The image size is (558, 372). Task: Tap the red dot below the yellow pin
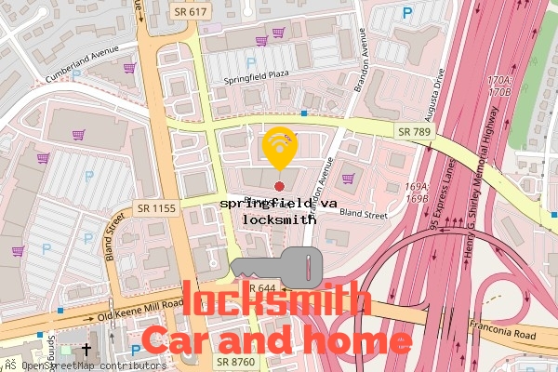[279, 187]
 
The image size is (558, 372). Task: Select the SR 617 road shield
[192, 10]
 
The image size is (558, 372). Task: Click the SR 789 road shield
[413, 132]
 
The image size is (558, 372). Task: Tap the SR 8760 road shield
[235, 361]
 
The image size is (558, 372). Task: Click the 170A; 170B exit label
[499, 86]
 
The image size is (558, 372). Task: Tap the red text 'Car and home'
[276, 341]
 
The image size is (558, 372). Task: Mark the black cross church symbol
[86, 351]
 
